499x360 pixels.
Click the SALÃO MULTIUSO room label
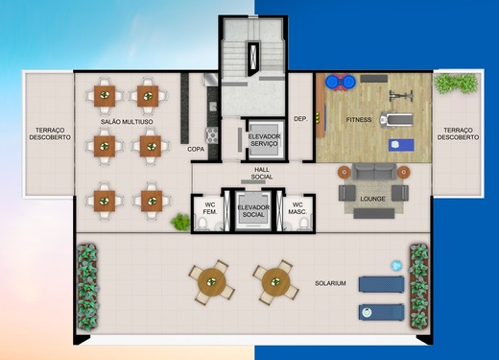tap(127, 122)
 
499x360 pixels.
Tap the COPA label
tap(196, 149)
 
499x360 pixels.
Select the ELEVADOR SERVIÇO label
tap(264, 140)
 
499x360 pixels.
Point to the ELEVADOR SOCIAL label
tap(253, 211)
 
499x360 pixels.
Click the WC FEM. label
tap(210, 208)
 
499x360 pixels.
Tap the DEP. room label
tap(300, 119)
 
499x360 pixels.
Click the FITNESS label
tap(359, 120)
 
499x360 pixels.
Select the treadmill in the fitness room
tap(396, 120)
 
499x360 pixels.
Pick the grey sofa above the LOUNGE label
tap(374, 171)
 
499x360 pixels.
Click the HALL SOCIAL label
tap(262, 173)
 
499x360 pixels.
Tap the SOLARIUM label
tap(330, 283)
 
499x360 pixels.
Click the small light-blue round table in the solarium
tap(396, 265)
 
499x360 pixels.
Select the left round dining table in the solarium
tap(211, 282)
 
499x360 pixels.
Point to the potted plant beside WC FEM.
tap(180, 222)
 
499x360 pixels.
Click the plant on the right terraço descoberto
tap(456, 84)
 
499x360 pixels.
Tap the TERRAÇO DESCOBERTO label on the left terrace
tap(50, 133)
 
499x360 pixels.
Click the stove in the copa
tap(211, 134)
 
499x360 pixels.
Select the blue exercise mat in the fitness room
tap(401, 145)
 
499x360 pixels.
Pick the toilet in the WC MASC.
tap(303, 225)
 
